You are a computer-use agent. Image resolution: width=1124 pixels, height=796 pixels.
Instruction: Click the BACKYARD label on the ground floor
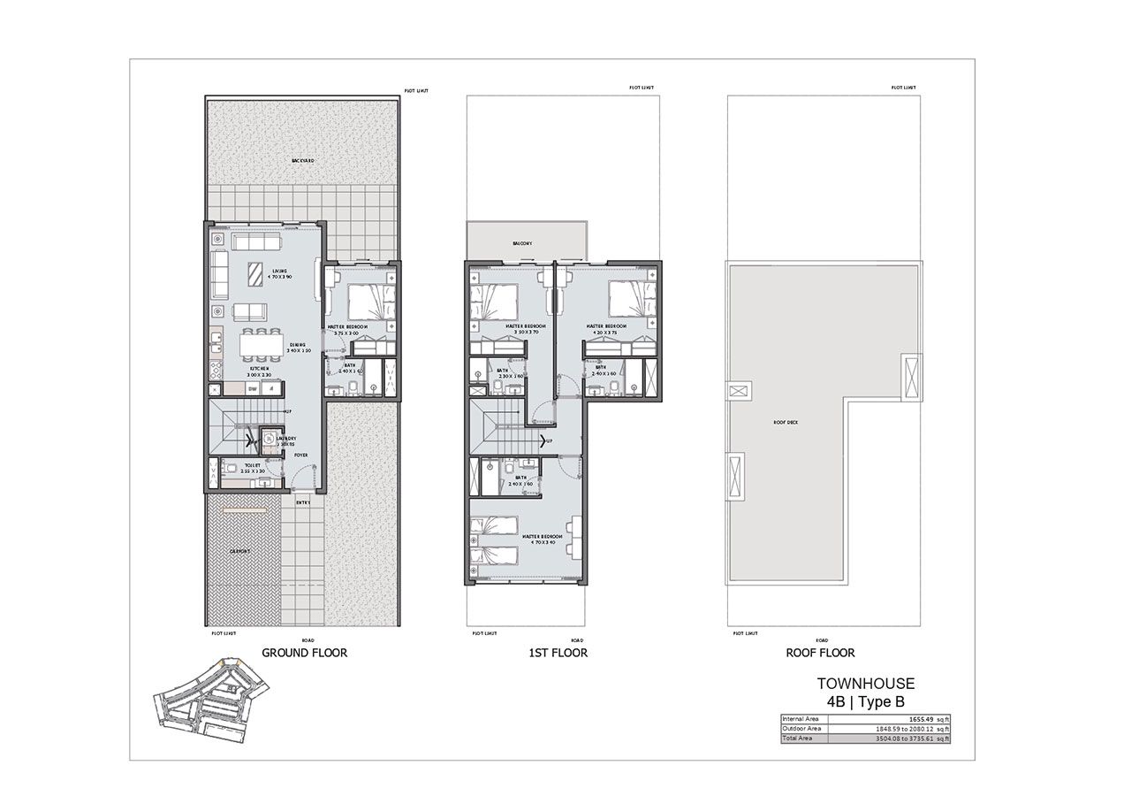(x=303, y=161)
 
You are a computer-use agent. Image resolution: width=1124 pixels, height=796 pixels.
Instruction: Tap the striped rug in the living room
(x=254, y=275)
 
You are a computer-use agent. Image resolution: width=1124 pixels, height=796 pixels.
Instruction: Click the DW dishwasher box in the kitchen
(x=252, y=388)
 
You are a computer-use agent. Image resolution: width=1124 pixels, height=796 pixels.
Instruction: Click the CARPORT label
(x=239, y=551)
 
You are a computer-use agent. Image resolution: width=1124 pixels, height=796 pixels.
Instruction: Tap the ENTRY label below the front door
(x=304, y=502)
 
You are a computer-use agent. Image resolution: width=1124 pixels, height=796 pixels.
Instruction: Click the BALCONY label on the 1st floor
(x=521, y=242)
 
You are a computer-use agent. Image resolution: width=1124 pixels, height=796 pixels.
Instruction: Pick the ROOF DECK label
(x=786, y=423)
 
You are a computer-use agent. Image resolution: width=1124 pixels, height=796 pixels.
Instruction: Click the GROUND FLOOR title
(x=304, y=653)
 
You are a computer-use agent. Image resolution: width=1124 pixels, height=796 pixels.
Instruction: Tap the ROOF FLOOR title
(x=820, y=653)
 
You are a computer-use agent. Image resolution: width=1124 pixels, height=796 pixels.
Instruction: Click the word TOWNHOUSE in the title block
(x=865, y=683)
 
